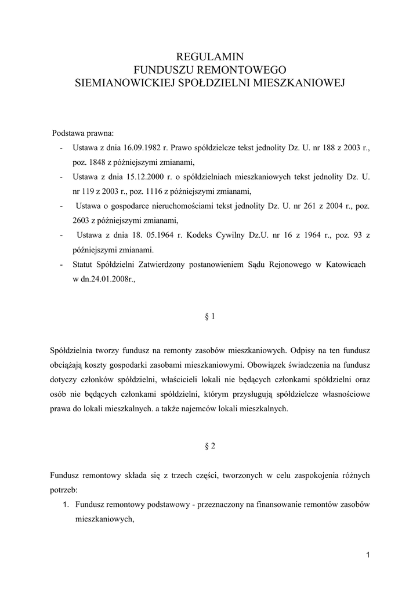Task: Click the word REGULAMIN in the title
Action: [x=210, y=57]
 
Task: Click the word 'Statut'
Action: [x=84, y=265]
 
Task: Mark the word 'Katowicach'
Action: [x=346, y=265]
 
